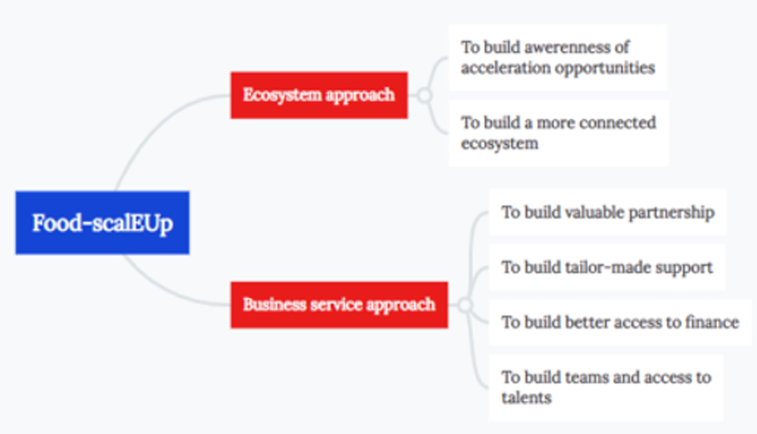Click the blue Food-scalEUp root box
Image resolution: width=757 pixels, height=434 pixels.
[x=102, y=223]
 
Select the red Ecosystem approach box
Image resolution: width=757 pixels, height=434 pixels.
[x=319, y=95]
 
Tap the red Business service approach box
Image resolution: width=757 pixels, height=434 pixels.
[x=339, y=305]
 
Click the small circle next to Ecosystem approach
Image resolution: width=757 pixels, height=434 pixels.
[x=425, y=95]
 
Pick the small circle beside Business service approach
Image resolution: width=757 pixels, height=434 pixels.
[x=465, y=305]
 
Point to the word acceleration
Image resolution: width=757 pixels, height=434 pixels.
[x=506, y=67]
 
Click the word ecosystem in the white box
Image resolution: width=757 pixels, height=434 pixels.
[x=499, y=144]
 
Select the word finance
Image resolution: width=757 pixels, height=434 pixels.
[x=712, y=322]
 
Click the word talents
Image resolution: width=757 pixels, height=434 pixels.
[x=526, y=397]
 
